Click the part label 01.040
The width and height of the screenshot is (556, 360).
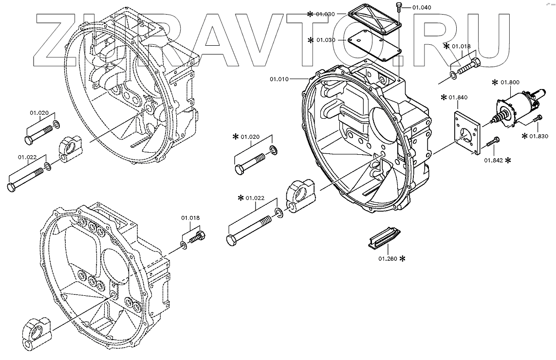tap(422, 7)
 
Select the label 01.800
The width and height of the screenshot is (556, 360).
tap(510, 82)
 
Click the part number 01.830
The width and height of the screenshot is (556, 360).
tap(538, 136)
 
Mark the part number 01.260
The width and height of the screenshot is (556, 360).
tap(388, 258)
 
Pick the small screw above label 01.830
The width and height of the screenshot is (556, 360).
tap(538, 119)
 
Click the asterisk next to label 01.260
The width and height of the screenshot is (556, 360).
tap(403, 259)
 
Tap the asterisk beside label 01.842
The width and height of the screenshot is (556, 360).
tap(508, 160)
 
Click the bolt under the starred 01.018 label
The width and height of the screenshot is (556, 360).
tap(468, 66)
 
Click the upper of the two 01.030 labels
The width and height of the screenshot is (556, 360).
tap(324, 14)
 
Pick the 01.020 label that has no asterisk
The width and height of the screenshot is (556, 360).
tap(39, 113)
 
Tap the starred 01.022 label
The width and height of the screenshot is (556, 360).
tap(255, 198)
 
